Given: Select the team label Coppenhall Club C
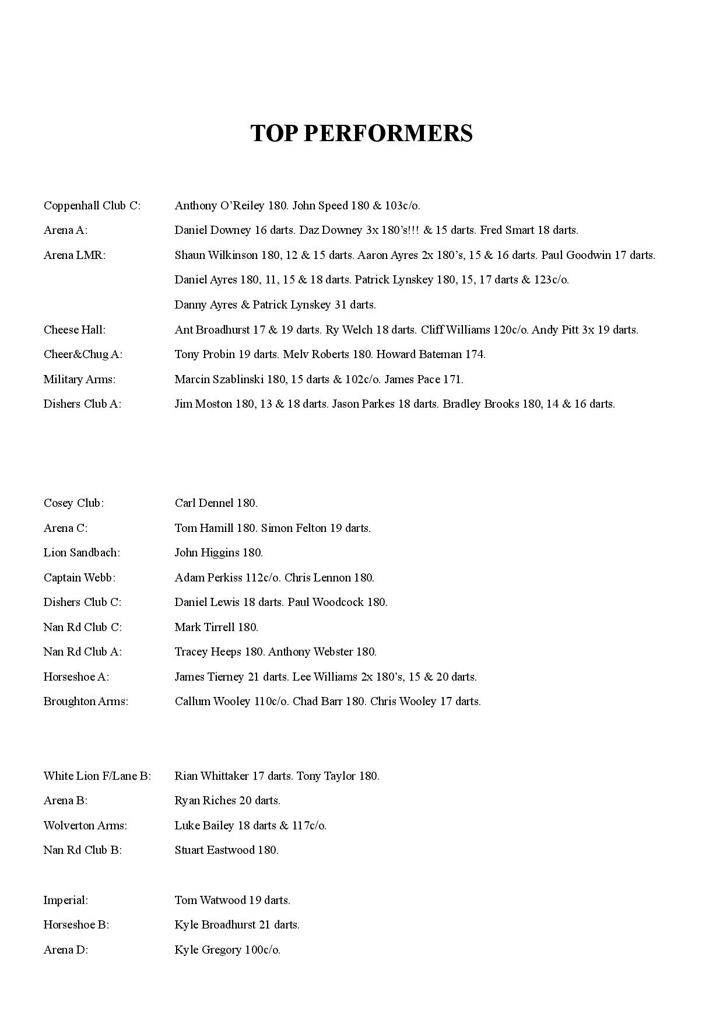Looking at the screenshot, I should [92, 206].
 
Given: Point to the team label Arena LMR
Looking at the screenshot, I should [74, 255].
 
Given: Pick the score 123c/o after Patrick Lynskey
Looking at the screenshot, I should [551, 280].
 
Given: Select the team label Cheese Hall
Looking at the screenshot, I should [74, 330].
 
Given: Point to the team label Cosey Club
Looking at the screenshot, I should [73, 503].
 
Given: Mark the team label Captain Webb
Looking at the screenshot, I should [79, 578].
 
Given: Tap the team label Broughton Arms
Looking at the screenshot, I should [85, 702].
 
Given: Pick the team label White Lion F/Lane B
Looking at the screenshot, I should [97, 776].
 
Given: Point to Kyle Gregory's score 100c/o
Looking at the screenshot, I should [262, 950].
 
